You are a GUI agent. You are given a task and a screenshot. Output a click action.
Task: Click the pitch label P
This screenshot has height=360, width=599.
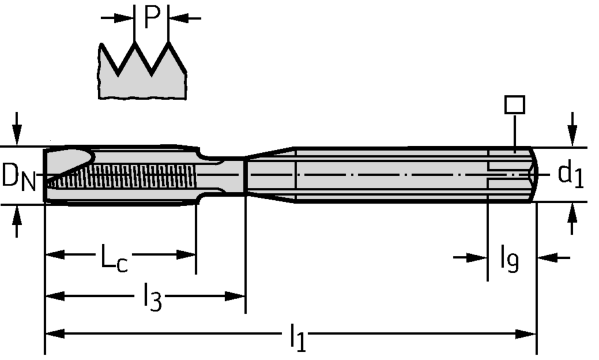[152, 18]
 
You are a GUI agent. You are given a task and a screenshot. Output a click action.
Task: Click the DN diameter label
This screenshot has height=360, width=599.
[18, 177]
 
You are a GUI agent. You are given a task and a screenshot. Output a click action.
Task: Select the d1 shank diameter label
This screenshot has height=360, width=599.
[570, 175]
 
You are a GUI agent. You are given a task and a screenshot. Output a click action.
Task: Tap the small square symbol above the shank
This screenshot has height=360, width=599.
[515, 105]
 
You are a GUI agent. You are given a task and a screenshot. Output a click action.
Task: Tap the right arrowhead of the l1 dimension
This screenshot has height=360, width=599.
[530, 334]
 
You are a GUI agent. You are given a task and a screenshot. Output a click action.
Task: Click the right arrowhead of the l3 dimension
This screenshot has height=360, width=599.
[238, 296]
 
